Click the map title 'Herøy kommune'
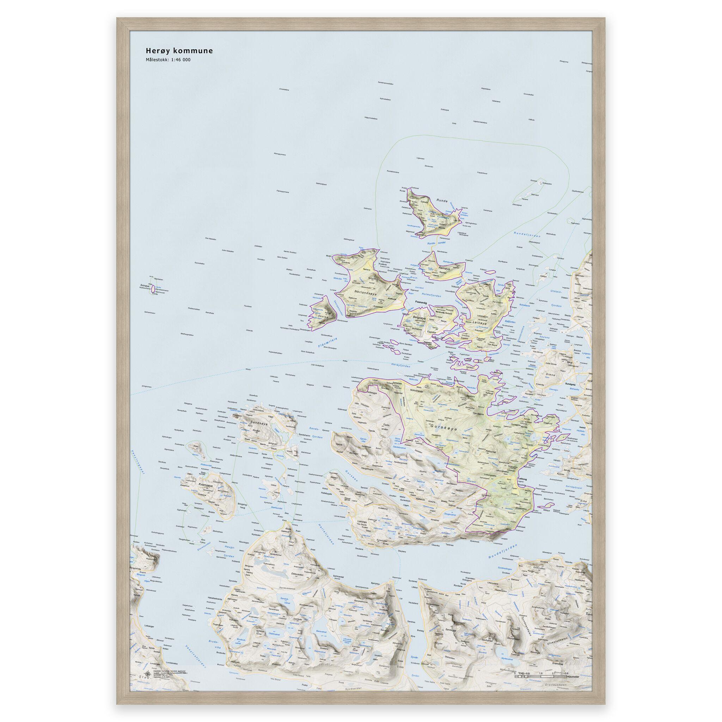click(179, 51)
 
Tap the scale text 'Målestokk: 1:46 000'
click(168, 60)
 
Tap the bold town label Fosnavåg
click(423, 303)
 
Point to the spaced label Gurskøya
click(443, 429)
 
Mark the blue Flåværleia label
click(328, 343)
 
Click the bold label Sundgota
click(571, 384)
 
